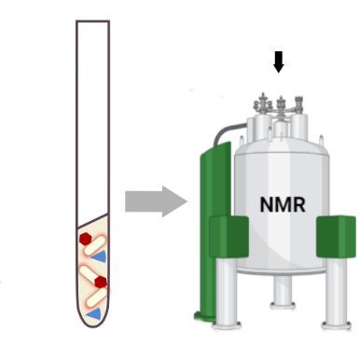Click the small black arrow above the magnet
277,62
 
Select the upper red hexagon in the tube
86,240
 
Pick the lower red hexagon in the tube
101,282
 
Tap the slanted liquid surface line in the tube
93,225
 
